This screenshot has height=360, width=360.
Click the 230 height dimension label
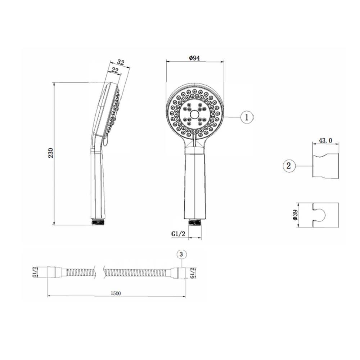pos(51,153)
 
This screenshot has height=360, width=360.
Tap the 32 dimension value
pos(121,62)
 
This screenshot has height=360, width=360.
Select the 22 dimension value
pos(114,70)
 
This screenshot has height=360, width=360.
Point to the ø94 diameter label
pos(194,58)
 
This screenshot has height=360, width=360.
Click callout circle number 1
pos(247,118)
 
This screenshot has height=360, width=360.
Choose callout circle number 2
pos(289,166)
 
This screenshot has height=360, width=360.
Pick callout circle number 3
pos(181,255)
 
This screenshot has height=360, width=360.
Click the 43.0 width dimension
pos(325,140)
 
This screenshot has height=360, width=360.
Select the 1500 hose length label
pos(116,293)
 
